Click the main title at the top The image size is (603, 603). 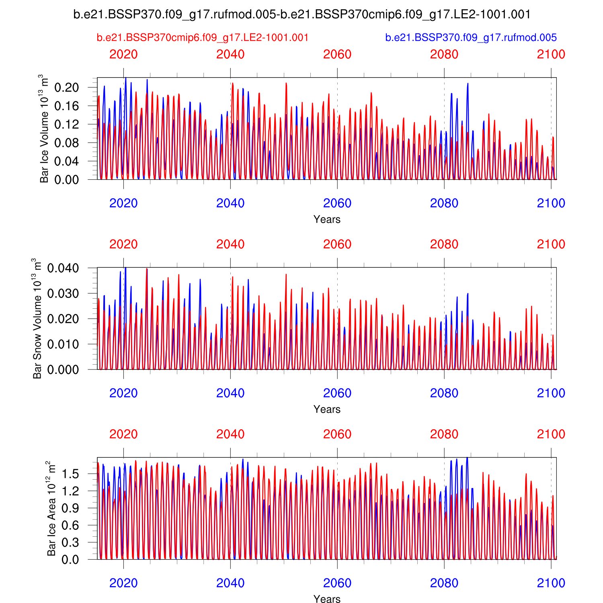(x=302, y=14)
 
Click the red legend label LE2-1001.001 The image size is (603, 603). (x=203, y=37)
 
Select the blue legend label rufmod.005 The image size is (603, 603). (x=471, y=37)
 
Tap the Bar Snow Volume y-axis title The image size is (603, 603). (x=37, y=318)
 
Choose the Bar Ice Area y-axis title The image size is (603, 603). (x=51, y=508)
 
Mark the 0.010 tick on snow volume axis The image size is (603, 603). (x=63, y=344)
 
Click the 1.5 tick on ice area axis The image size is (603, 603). (x=70, y=474)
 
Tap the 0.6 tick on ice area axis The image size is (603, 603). (x=70, y=525)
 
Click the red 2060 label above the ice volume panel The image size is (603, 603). (x=337, y=54)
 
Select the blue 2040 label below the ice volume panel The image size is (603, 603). (x=230, y=203)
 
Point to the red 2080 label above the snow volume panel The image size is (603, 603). (x=444, y=244)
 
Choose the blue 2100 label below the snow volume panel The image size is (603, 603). (x=551, y=393)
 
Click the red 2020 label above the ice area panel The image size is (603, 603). (x=123, y=434)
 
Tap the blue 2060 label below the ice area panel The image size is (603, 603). (x=337, y=583)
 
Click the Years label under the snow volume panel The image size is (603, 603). (x=327, y=409)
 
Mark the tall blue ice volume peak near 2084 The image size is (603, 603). (x=468, y=84)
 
